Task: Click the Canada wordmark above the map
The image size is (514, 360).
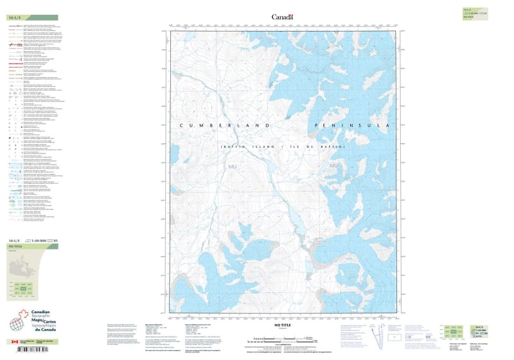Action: click(282, 17)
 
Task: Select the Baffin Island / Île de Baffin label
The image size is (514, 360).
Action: click(283, 148)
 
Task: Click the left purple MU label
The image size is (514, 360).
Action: click(233, 166)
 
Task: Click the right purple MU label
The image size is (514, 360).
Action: click(333, 166)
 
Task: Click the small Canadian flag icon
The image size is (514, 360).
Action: click(15, 342)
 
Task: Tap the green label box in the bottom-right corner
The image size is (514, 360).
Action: click(477, 331)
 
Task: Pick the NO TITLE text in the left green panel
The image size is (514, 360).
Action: click(15, 246)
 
